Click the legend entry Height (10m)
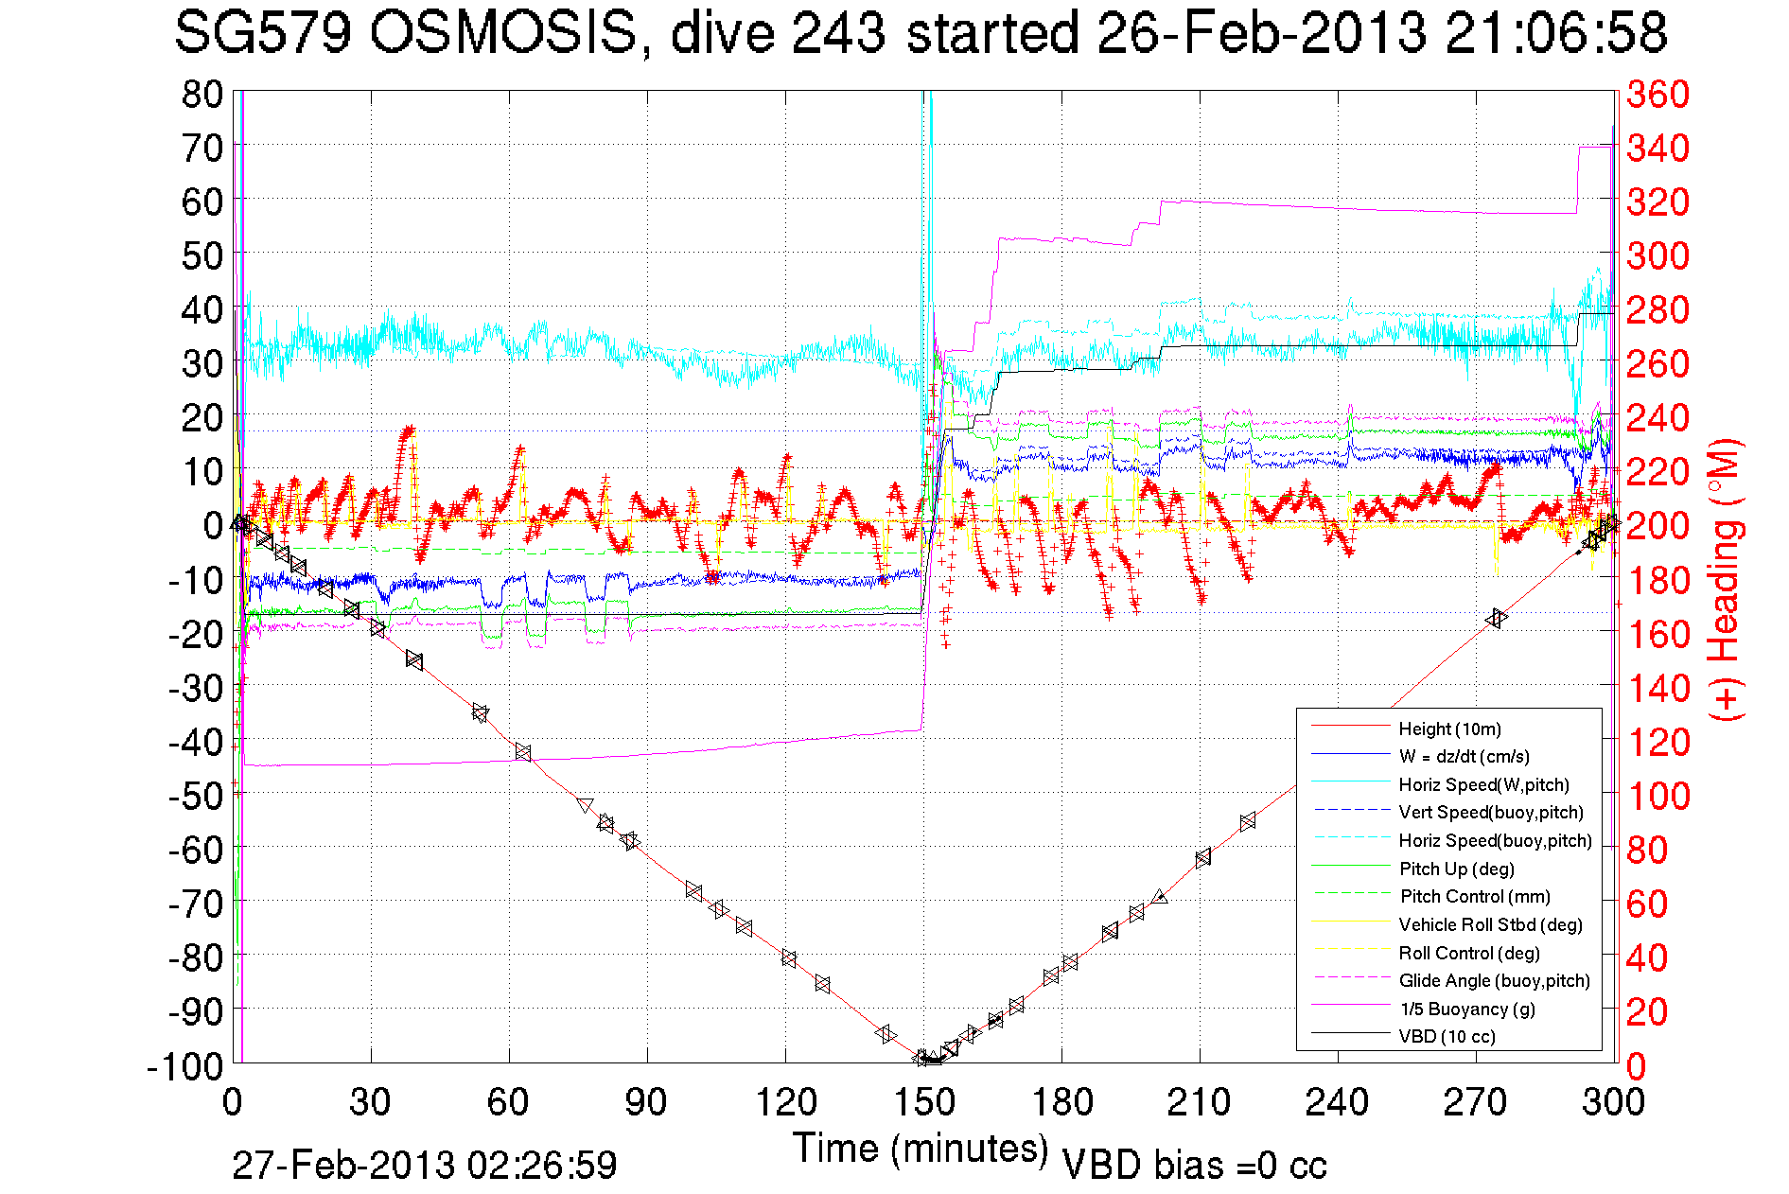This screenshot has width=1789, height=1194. point(1449,729)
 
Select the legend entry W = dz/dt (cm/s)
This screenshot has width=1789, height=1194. point(1464,756)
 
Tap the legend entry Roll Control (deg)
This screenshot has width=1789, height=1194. point(1469,953)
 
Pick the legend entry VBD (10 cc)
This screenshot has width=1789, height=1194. point(1447,1036)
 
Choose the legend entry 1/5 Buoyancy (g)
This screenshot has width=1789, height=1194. point(1467,1009)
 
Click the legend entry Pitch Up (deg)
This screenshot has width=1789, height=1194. point(1457,869)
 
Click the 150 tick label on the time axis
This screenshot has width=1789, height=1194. point(924,1102)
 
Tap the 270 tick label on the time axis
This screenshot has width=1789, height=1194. point(1476,1102)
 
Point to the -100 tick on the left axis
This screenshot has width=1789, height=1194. point(184,1066)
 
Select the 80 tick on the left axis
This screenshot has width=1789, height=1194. point(202,94)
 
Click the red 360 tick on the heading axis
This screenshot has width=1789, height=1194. point(1657,94)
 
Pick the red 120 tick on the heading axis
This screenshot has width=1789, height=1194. point(1657,742)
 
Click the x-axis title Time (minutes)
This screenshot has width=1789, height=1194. point(921,1149)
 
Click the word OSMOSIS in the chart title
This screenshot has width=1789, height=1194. point(502,33)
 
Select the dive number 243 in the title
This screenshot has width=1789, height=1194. point(838,33)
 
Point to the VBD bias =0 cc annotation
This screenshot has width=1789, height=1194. point(1194,1165)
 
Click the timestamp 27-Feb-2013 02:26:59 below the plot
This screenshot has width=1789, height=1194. point(424,1165)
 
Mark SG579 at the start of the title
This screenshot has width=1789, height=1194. point(262,33)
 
